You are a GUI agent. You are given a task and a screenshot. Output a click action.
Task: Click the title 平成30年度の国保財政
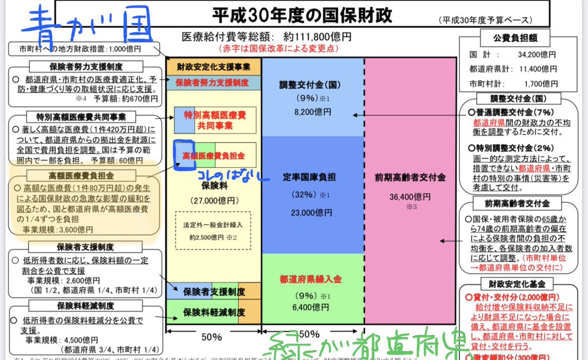(302, 15)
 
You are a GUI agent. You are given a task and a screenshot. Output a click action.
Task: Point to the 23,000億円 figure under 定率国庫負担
(312, 213)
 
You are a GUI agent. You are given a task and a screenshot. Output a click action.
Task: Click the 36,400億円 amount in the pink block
(411, 197)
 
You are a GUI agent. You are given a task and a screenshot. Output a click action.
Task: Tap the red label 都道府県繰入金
(311, 279)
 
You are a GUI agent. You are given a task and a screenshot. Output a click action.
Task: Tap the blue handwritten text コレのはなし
(233, 175)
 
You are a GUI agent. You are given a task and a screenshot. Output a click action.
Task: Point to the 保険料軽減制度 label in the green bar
(214, 312)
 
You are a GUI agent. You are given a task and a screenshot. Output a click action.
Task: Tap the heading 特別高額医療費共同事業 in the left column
(81, 117)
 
